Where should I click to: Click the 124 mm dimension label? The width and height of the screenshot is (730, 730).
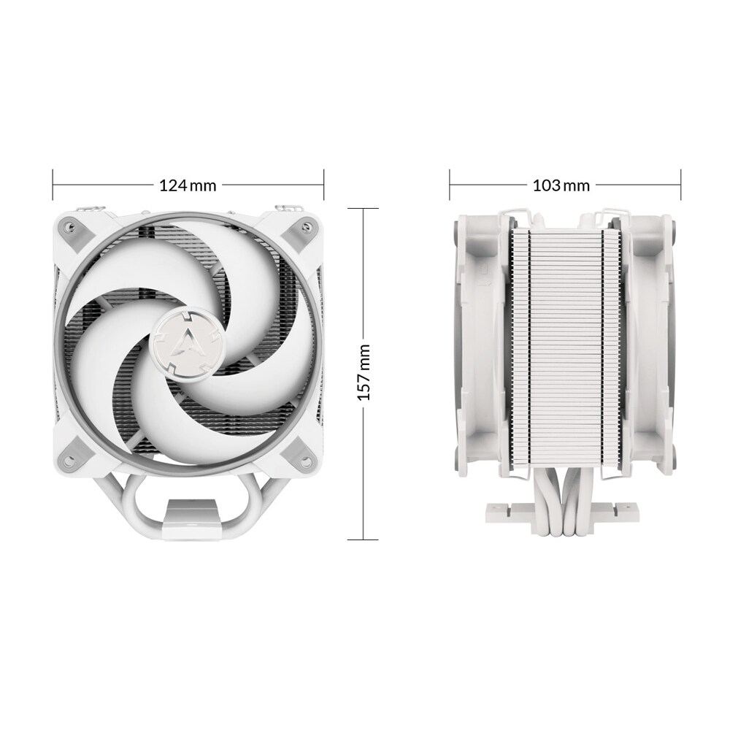[188, 185]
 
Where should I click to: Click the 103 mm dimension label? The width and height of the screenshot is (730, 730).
[561, 185]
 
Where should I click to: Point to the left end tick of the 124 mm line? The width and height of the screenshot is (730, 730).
[53, 185]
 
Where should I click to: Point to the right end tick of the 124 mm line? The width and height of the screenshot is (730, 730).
[323, 185]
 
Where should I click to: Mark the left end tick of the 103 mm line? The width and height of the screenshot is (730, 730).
[450, 185]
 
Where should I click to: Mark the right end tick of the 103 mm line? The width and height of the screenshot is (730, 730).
[680, 185]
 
